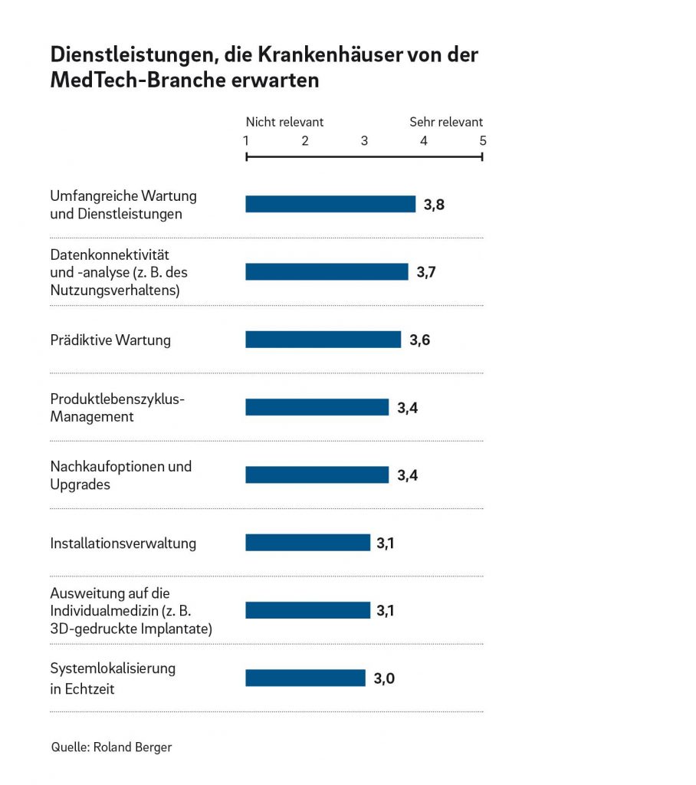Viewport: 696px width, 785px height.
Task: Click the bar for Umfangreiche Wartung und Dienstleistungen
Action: (330, 204)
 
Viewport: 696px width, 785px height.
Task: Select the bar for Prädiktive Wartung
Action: (323, 340)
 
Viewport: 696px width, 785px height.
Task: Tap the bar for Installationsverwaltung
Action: (307, 543)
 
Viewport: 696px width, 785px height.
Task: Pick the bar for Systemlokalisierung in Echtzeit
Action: (305, 678)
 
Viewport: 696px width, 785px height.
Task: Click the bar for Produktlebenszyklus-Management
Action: (317, 407)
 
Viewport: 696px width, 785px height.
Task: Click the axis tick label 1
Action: (246, 141)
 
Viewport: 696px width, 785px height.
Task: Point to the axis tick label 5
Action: (483, 141)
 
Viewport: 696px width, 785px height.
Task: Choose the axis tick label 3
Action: (364, 141)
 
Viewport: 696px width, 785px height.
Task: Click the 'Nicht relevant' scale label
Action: (284, 122)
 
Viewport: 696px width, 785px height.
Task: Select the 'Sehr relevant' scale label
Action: (446, 122)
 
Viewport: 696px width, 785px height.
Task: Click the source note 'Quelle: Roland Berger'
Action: (111, 747)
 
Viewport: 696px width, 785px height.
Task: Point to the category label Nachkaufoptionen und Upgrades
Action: (120, 475)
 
